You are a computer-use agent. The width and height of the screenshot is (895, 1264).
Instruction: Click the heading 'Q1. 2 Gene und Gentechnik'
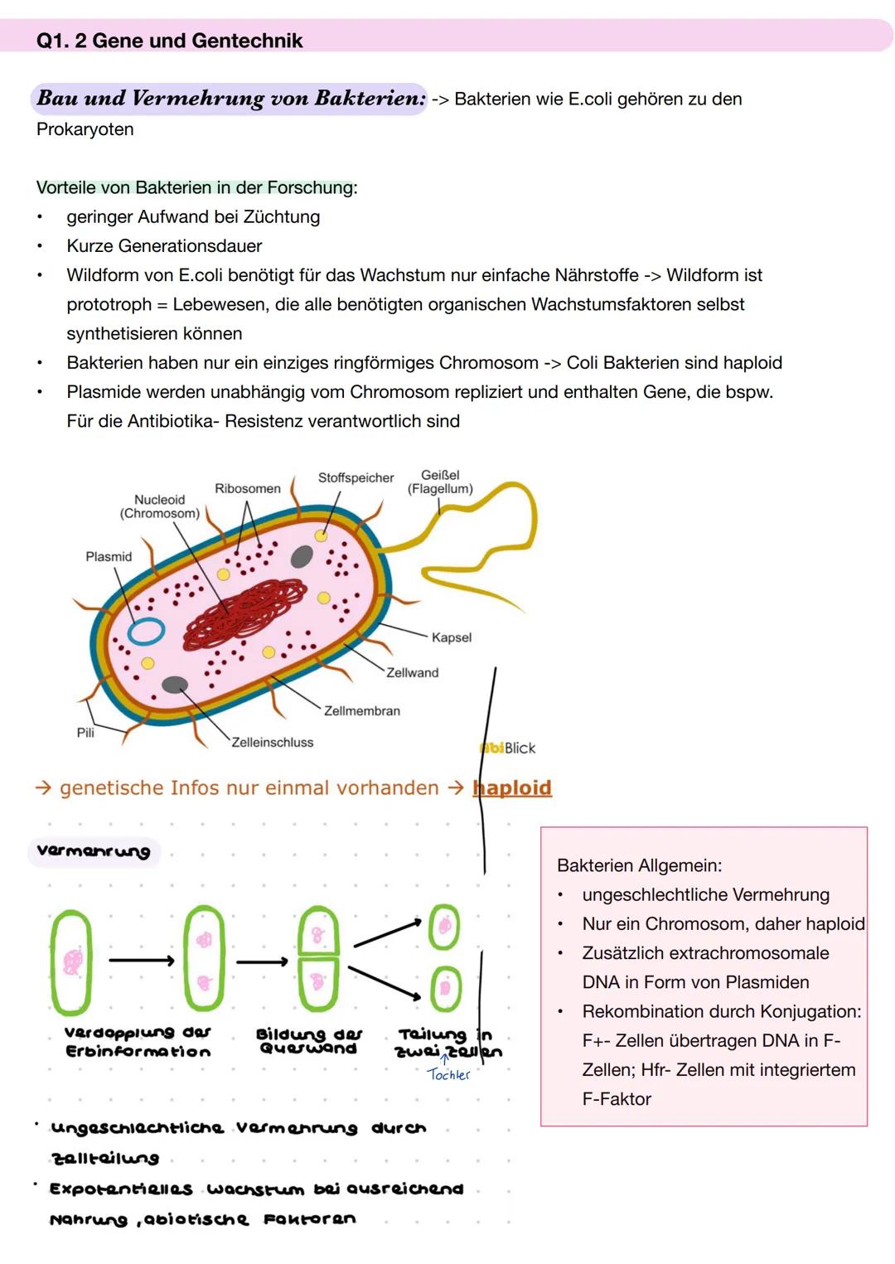pyautogui.click(x=169, y=41)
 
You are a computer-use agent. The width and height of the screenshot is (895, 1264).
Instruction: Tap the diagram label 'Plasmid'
pyautogui.click(x=109, y=557)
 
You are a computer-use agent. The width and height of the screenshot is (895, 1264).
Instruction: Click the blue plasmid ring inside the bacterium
pyautogui.click(x=146, y=631)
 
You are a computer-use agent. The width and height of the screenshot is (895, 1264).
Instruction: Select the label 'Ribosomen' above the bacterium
pyautogui.click(x=247, y=489)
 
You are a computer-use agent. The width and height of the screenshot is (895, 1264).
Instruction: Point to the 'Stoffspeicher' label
pyautogui.click(x=356, y=478)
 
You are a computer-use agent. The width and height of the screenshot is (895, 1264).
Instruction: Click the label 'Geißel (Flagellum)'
pyautogui.click(x=440, y=482)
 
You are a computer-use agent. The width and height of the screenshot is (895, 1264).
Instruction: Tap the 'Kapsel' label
pyautogui.click(x=452, y=637)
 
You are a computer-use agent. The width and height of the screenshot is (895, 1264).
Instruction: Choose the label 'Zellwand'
pyautogui.click(x=412, y=673)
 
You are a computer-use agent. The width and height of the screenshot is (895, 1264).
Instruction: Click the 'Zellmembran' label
pyautogui.click(x=361, y=711)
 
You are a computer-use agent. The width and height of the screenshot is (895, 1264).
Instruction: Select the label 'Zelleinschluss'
pyautogui.click(x=272, y=743)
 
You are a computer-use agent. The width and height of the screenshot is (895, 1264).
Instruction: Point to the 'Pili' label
pyautogui.click(x=85, y=733)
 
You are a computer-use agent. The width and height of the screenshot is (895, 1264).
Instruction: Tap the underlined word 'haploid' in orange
pyautogui.click(x=512, y=788)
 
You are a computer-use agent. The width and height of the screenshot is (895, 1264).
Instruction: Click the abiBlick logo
pyautogui.click(x=508, y=748)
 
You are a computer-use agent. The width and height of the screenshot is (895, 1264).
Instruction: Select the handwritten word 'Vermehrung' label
pyautogui.click(x=94, y=852)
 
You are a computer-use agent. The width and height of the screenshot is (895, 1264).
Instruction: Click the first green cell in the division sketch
pyautogui.click(x=71, y=961)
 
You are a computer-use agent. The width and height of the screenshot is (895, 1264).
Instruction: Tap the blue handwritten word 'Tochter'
pyautogui.click(x=448, y=1075)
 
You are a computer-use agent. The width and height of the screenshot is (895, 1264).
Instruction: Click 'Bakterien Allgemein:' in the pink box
pyautogui.click(x=639, y=866)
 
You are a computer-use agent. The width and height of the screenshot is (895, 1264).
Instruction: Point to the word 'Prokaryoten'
pyautogui.click(x=85, y=129)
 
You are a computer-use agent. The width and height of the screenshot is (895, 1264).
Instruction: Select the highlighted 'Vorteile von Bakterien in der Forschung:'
pyautogui.click(x=196, y=188)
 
